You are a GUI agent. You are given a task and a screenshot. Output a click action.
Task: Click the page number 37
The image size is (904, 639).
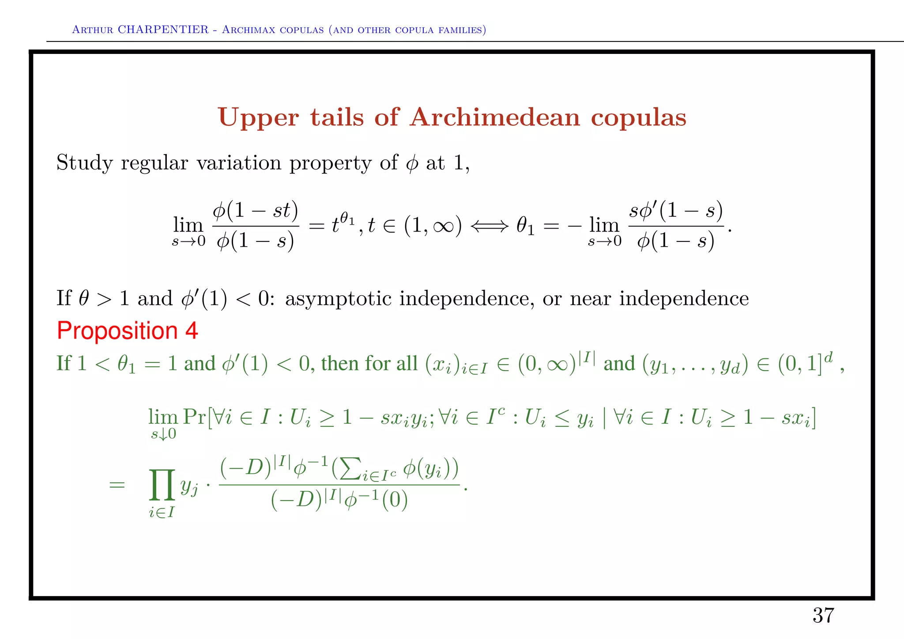(823, 615)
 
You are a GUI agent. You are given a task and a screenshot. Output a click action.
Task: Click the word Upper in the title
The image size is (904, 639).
(258, 118)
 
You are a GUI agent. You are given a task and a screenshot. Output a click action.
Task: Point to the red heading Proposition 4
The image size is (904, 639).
(128, 331)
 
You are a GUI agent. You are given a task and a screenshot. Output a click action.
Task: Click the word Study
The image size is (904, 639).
(84, 163)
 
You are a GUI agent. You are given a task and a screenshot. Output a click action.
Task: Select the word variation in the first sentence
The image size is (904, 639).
(239, 163)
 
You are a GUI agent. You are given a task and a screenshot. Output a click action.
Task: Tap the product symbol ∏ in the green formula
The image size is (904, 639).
(162, 485)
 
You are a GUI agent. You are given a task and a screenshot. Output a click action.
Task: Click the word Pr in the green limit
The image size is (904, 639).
(194, 416)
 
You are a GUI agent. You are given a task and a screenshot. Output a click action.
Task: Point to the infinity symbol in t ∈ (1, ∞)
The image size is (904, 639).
(443, 226)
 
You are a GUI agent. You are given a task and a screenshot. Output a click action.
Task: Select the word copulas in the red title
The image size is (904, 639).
(638, 118)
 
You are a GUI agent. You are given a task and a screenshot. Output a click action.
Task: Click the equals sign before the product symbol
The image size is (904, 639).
(117, 485)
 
